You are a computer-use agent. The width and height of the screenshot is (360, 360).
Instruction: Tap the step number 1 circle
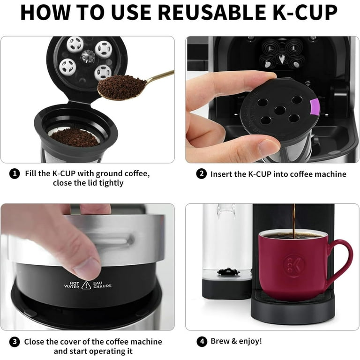coord(15,174)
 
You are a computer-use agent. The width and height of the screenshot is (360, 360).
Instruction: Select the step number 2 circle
coord(201,174)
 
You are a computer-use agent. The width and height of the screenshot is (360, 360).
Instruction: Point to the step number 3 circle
coord(15,342)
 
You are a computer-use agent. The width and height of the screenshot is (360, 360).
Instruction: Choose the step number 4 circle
coord(201,342)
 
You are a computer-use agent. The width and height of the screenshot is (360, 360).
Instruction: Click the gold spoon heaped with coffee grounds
coord(123,87)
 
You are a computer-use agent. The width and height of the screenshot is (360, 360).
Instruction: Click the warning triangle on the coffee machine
coord(86,285)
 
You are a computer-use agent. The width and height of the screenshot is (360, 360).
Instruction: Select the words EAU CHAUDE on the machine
coord(102,285)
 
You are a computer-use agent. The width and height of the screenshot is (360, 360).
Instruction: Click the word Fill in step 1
coord(31,174)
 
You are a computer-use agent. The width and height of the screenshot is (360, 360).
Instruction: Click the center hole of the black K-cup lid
coord(280,110)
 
